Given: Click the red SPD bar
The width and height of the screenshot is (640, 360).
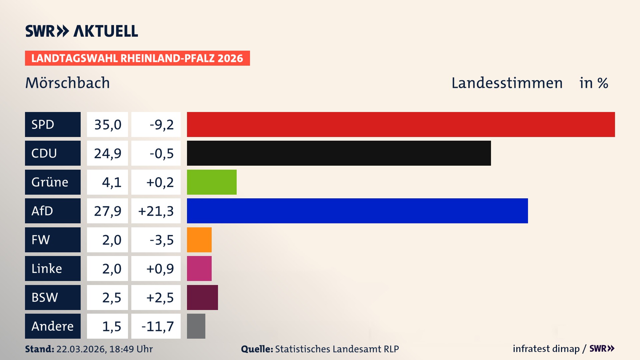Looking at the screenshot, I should click(401, 124).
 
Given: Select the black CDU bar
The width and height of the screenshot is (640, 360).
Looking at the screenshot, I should click(339, 153).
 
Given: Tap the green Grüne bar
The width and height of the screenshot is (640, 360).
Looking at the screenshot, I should click(212, 182).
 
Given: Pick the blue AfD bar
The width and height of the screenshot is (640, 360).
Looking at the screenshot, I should click(357, 211).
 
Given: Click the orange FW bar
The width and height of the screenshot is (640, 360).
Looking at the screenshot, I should click(199, 240).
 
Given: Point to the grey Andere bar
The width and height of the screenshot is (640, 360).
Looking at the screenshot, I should click(196, 326).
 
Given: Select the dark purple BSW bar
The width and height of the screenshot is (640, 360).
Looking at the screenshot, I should click(202, 297).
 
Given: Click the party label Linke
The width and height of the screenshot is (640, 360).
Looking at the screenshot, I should click(47, 269).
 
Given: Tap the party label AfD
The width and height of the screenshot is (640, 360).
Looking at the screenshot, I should click(42, 211).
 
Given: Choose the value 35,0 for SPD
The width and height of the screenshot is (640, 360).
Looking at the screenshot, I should click(108, 125).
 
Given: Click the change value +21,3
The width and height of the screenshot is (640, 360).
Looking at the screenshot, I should click(156, 211).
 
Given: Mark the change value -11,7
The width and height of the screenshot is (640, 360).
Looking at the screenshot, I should click(158, 326).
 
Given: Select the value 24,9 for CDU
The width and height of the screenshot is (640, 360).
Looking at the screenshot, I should click(108, 153).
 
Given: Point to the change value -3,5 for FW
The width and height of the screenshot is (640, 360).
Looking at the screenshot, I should click(162, 240).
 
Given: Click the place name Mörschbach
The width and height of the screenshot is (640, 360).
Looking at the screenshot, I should click(67, 83).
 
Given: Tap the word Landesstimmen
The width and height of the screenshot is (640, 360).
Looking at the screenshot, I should click(507, 83).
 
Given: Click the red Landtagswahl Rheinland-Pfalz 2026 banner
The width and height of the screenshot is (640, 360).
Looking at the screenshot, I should click(137, 58).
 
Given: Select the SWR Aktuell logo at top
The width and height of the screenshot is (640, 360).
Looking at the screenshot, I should click(82, 31).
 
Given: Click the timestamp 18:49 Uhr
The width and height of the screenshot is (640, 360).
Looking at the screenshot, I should click(131, 349).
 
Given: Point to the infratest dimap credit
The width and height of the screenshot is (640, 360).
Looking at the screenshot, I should click(546, 349).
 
